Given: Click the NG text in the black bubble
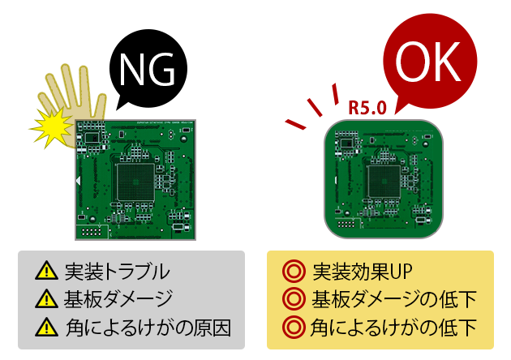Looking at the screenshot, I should pyautogui.click(x=147, y=71).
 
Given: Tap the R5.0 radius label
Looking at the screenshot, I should pyautogui.click(x=367, y=107).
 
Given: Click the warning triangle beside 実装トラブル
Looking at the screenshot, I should pyautogui.click(x=46, y=272).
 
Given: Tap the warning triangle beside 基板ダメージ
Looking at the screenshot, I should pyautogui.click(x=46, y=301).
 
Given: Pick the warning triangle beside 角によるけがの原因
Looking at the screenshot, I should pyautogui.click(x=46, y=329).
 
